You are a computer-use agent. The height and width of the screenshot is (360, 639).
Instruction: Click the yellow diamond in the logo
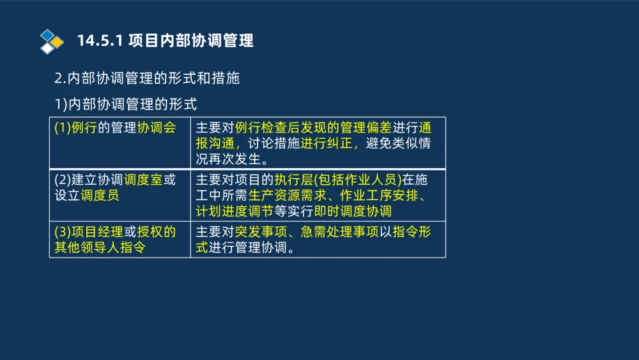tap(58, 42)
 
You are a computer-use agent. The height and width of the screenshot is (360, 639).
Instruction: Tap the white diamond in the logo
tap(47, 49)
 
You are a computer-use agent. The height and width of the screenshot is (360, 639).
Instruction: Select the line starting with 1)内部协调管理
tap(126, 104)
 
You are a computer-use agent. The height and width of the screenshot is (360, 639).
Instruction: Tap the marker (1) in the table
tap(63, 127)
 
